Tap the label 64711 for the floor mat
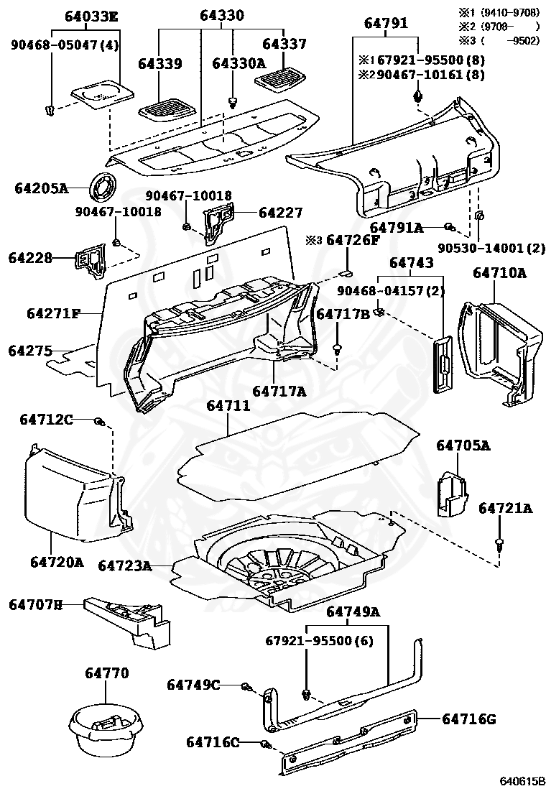(228, 407)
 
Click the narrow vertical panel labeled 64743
(441, 362)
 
